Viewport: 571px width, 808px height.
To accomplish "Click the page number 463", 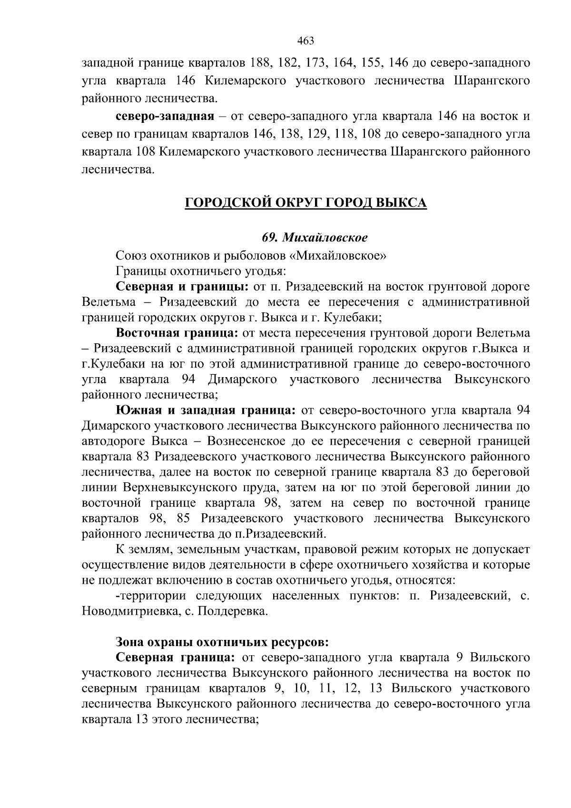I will pos(305,41).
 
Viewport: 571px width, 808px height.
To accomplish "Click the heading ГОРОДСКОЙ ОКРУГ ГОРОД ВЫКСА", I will pos(305,203).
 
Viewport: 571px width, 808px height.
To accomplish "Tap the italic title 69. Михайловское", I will pos(315,237).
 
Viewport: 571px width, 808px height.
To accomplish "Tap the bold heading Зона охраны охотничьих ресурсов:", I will pos(222,642).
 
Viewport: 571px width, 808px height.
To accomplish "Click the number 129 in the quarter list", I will pos(314,134).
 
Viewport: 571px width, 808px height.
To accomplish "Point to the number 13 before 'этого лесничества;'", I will pos(140,720).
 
